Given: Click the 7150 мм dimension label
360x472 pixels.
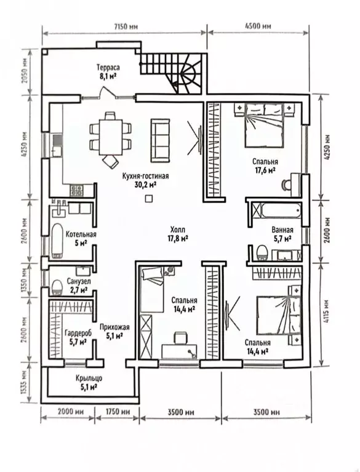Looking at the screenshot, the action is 126,26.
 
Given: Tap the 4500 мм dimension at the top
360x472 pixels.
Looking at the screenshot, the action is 258,26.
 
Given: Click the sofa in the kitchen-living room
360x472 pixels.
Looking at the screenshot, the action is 160,140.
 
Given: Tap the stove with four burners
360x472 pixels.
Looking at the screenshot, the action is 77,190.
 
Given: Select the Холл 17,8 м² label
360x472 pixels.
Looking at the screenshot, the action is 178,234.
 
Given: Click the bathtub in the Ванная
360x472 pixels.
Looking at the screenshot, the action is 281,210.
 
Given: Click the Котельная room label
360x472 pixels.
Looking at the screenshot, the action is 81,234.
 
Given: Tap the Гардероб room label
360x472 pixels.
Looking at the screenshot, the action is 78,333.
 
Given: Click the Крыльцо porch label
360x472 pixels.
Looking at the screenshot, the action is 89,378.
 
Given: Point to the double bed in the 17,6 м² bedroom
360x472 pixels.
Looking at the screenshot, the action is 264,125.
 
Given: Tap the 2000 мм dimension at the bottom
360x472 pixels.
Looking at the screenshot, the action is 68,411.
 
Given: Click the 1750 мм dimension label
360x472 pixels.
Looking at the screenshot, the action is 118,411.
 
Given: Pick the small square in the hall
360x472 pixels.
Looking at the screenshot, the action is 149,199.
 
